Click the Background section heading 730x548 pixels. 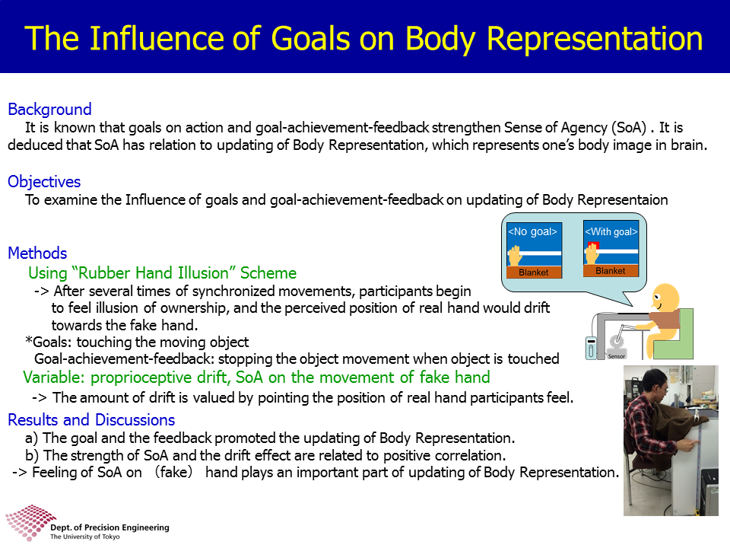coord(49,109)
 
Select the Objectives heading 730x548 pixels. coord(44,182)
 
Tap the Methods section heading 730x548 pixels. coord(37,253)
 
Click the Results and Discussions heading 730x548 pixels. coord(91,420)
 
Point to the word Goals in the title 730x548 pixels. coord(310,38)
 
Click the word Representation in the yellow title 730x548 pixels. coord(595,39)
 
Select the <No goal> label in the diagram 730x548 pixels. coord(532,231)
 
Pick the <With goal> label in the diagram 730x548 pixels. coord(611,231)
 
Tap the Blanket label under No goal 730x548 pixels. coord(534,272)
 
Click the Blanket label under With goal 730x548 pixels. coord(611,271)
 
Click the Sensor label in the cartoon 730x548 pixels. coord(617,356)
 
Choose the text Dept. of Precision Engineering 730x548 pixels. coord(109,527)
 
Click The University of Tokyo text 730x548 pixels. coord(84,537)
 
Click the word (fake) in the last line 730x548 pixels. coord(173,473)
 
